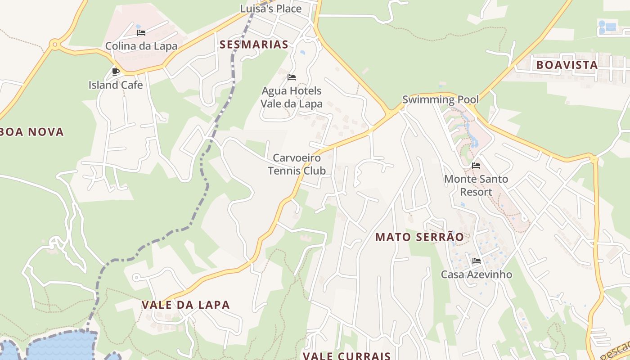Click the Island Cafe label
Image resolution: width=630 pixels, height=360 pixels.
pos(115,85)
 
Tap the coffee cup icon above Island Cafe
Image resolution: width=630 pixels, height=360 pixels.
pos(116,71)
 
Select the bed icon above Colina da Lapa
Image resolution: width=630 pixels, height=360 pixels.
pos(141,33)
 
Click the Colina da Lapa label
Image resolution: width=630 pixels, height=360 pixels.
pos(141,46)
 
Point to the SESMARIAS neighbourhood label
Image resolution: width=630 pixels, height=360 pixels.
pos(254,45)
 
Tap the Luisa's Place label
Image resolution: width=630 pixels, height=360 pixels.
pos(270,9)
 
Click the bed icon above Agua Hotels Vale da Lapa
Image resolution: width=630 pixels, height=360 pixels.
pos(292,77)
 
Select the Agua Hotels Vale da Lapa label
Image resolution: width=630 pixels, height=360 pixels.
pos(292,97)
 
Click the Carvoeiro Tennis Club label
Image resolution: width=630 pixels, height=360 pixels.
pos(297,164)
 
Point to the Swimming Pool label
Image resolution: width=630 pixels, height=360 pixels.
pos(440,99)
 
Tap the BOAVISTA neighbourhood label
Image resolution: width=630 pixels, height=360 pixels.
pos(567,65)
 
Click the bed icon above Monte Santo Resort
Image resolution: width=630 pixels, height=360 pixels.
pos(476,166)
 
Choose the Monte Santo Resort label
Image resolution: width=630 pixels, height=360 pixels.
pos(476,185)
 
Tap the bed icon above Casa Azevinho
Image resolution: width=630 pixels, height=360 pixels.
pos(476,261)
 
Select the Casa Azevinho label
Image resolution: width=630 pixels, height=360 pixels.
pos(476,274)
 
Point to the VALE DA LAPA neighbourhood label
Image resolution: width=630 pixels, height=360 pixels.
pos(185,305)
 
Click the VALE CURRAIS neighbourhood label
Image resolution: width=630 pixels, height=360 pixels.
pos(346,356)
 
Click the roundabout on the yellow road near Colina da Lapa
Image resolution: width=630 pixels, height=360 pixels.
pos(55,44)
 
